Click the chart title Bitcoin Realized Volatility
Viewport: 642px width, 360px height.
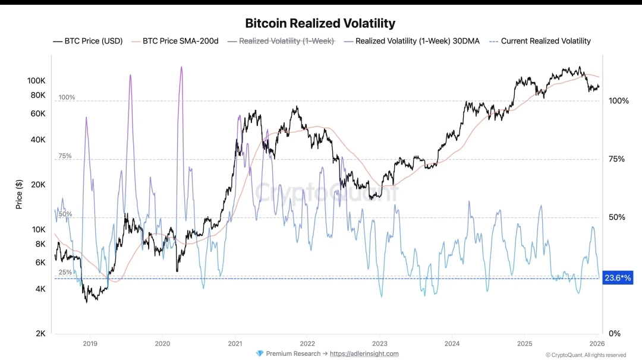320,24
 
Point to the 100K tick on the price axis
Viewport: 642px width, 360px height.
36,80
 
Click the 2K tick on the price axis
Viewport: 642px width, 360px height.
40,333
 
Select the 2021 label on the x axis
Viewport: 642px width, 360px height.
235,343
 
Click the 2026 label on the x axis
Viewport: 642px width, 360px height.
597,343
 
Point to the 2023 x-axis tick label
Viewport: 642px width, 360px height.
380,343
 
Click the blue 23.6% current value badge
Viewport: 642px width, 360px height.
618,277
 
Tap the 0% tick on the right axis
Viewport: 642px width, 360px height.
614,333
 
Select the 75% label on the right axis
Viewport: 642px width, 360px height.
618,159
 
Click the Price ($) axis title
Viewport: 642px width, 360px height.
20,194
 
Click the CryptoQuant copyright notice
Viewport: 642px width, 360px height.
586,355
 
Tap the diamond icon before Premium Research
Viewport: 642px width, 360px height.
259,353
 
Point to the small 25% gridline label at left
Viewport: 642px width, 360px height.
65,272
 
